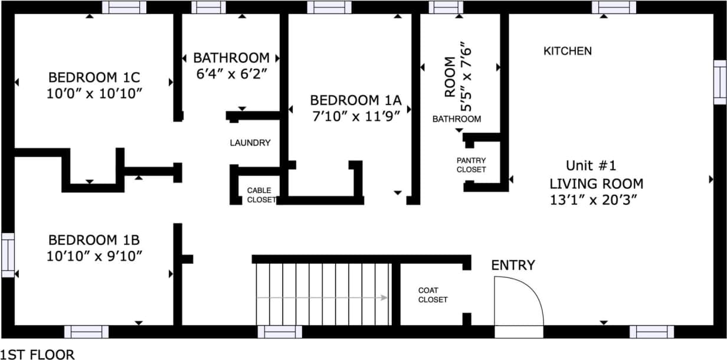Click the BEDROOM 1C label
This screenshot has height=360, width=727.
click(94, 77)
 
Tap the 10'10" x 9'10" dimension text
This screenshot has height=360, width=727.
click(94, 256)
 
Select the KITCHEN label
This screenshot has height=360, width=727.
click(567, 51)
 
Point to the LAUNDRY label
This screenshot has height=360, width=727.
click(250, 143)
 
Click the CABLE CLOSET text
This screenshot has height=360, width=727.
click(260, 195)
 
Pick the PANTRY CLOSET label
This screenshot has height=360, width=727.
click(471, 165)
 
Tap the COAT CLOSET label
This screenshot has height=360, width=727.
click(433, 295)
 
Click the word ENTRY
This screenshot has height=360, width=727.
click(513, 266)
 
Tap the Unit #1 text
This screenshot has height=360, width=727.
click(591, 165)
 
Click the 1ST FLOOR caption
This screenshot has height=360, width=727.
click(37, 354)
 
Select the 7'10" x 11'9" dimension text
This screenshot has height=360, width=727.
click(360, 116)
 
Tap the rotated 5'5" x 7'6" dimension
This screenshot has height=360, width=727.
click(466, 76)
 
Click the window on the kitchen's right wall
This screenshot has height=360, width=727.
click(720, 82)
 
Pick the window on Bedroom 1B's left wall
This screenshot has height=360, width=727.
click(8, 255)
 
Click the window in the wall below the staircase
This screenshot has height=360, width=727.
click(280, 332)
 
